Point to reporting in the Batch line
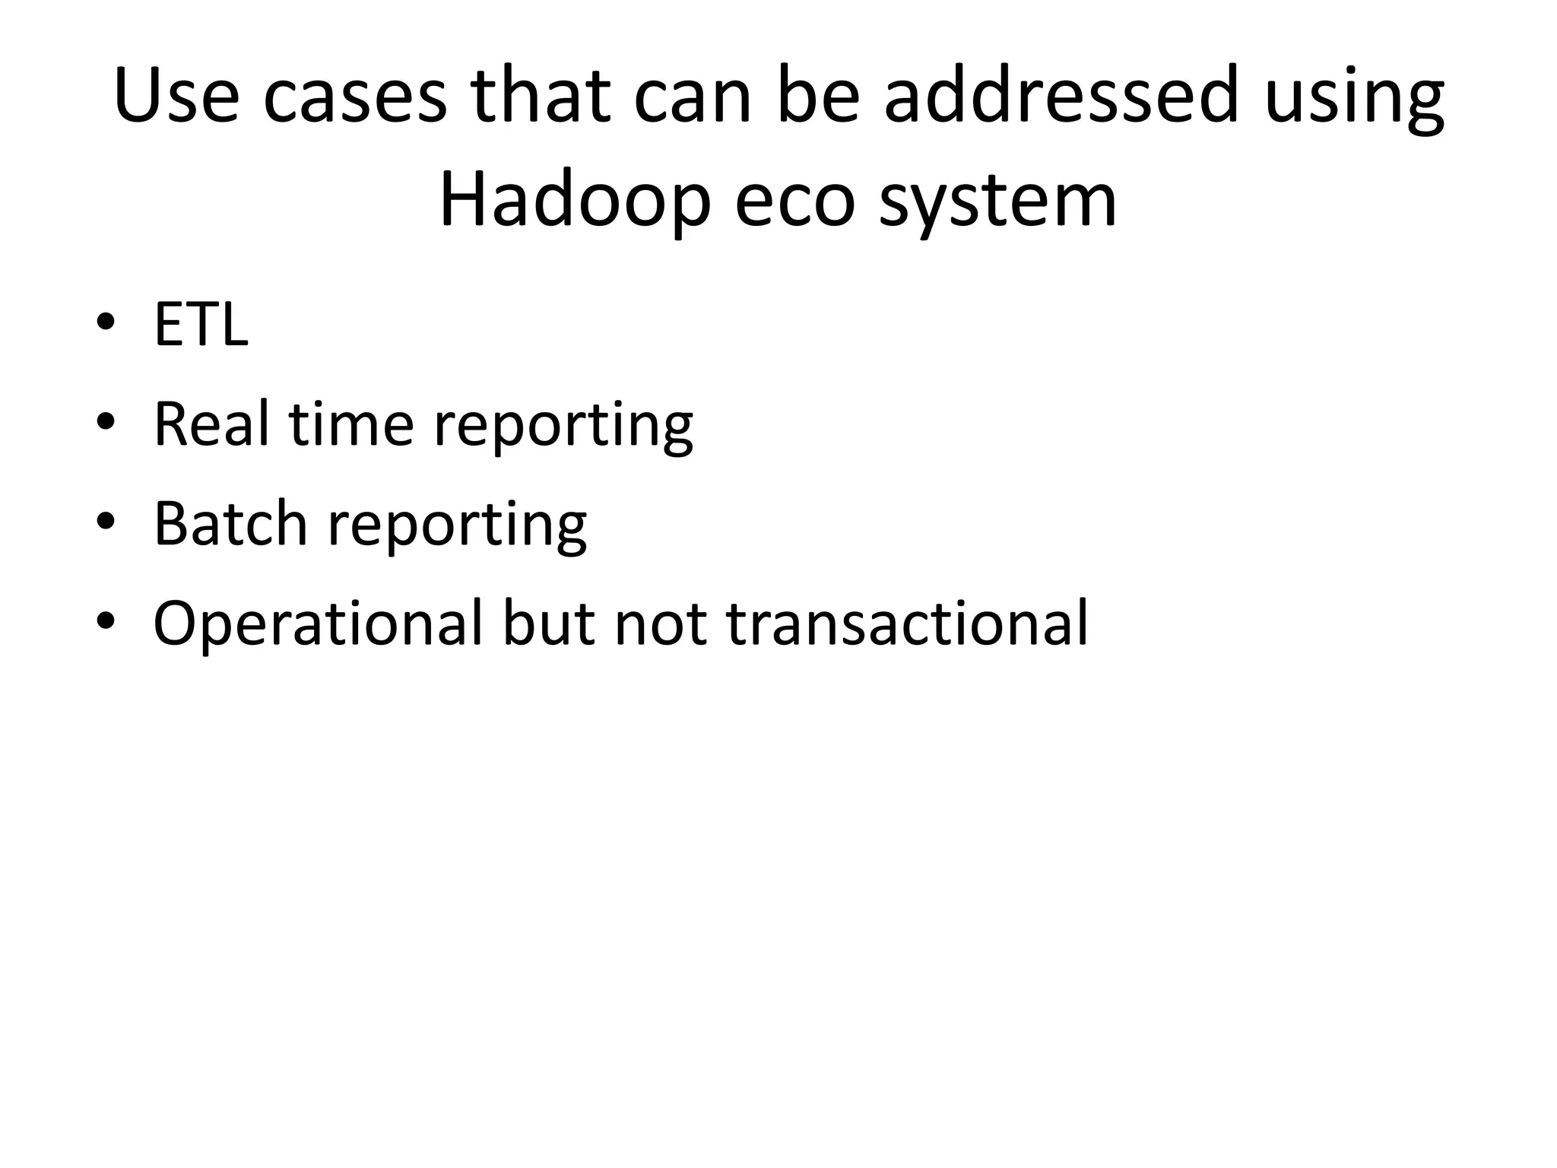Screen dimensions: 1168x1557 coord(456,525)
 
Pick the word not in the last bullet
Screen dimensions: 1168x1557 coord(658,624)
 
